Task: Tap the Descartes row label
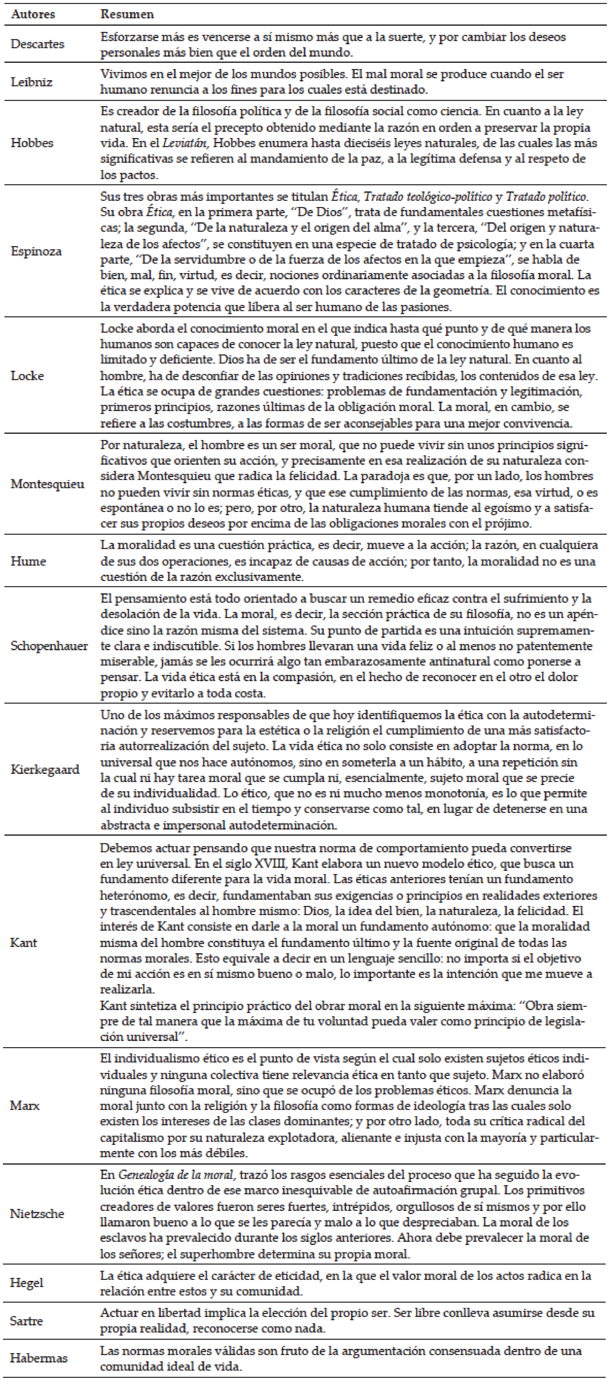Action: [38, 44]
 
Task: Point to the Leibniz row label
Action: [32, 82]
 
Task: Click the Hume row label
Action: [28, 561]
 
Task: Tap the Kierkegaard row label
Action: [45, 769]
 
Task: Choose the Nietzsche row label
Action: [37, 1214]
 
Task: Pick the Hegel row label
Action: [26, 1283]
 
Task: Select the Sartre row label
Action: [26, 1321]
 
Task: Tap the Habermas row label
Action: [39, 1358]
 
